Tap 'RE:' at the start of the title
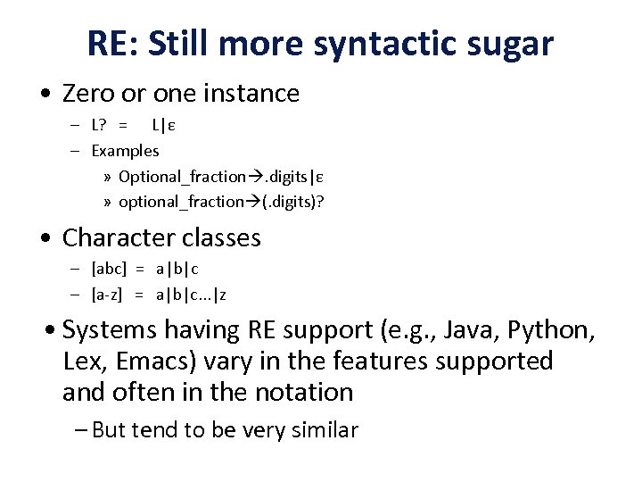(114, 43)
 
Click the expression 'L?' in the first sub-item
(101, 126)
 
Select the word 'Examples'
(125, 151)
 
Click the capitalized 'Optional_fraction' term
(181, 176)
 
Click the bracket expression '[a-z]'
(109, 293)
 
